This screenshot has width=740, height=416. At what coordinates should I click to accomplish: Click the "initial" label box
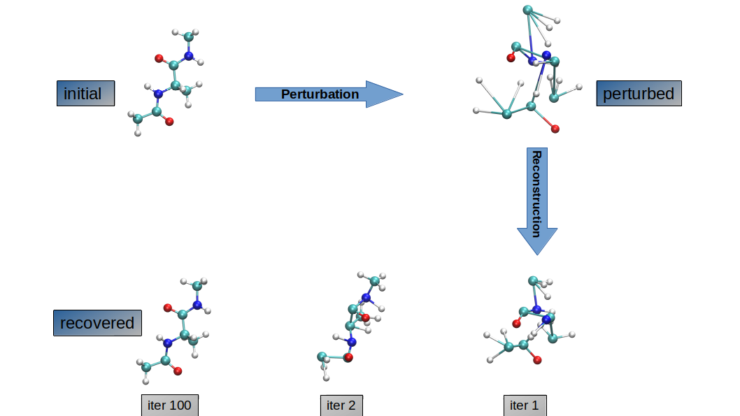point(85,93)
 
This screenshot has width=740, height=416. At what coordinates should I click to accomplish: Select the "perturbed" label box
point(639,93)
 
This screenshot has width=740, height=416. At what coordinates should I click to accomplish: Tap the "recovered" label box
point(97,323)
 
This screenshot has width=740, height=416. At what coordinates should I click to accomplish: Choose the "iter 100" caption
point(169,406)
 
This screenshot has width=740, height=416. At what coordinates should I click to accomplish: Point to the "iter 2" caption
point(341,406)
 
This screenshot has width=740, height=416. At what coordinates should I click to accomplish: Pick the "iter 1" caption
point(524,406)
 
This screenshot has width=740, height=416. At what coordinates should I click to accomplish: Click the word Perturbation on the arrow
point(320,94)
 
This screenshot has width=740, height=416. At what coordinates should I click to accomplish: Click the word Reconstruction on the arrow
point(536,194)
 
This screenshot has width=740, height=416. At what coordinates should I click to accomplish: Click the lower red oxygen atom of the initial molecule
point(169,122)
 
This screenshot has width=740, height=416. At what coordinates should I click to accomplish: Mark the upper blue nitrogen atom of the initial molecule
point(188,56)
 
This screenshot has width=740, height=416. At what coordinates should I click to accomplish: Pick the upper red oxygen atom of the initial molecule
point(159,59)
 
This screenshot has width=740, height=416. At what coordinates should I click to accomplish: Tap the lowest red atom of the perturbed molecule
point(555,129)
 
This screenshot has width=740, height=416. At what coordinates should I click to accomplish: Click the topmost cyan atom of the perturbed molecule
point(527,10)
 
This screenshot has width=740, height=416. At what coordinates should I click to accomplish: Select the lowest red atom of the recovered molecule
point(178,371)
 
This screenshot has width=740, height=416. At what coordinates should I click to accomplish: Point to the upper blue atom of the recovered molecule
point(197,305)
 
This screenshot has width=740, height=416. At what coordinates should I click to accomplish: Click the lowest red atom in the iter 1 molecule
point(538,360)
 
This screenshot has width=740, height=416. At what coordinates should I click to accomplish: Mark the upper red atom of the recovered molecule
point(167,307)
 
